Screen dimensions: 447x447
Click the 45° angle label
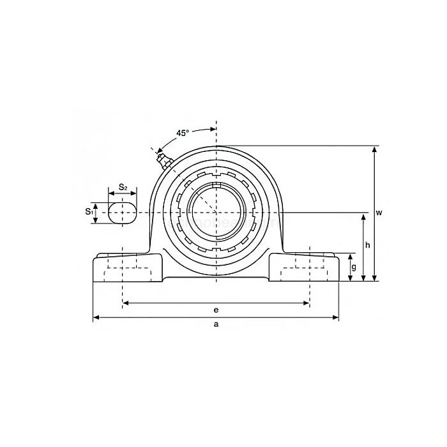183,133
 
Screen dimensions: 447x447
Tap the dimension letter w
379,213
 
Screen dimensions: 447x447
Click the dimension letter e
216,310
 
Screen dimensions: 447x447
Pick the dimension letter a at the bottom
216,324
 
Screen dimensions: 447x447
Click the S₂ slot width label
123,187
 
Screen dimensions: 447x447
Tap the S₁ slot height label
88,211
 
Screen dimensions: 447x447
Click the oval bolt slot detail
122,213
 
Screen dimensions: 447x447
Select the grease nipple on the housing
161,156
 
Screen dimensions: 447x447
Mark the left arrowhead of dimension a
96,316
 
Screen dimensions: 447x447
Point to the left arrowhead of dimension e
125,303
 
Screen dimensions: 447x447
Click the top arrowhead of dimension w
375,149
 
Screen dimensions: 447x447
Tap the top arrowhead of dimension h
364,216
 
